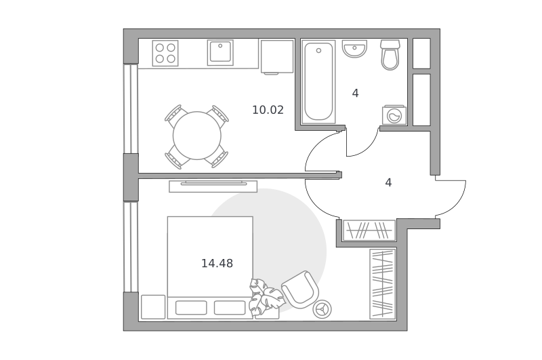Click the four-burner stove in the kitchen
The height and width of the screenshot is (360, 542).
pyautogui.click(x=165, y=54)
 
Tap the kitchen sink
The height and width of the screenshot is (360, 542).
pyautogui.click(x=220, y=53)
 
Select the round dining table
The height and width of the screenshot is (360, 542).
pyautogui.click(x=196, y=136)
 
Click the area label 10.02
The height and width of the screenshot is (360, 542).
pyautogui.click(x=268, y=110)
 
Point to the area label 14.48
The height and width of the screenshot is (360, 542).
pyautogui.click(x=217, y=264)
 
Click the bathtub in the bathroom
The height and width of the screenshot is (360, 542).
pyautogui.click(x=318, y=81)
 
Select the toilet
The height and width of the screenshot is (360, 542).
pyautogui.click(x=390, y=55)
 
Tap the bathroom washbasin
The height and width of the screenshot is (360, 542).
pyautogui.click(x=354, y=48)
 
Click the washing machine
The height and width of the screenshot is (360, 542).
pyautogui.click(x=394, y=115)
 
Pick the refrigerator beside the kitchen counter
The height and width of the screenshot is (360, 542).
pyautogui.click(x=277, y=57)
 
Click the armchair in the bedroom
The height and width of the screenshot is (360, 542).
pyautogui.click(x=299, y=289)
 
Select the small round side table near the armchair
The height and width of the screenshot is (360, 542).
pyautogui.click(x=322, y=309)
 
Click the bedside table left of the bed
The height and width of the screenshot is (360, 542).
pyautogui.click(x=153, y=306)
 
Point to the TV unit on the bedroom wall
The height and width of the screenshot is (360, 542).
pyautogui.click(x=213, y=186)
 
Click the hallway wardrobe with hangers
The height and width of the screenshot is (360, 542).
pyautogui.click(x=369, y=230)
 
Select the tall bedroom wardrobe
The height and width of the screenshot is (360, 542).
pyautogui.click(x=383, y=283)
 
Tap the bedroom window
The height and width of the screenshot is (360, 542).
pyautogui.click(x=131, y=247)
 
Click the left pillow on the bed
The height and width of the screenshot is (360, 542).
pyautogui.click(x=191, y=308)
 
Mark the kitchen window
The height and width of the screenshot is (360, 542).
pyautogui.click(x=131, y=108)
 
